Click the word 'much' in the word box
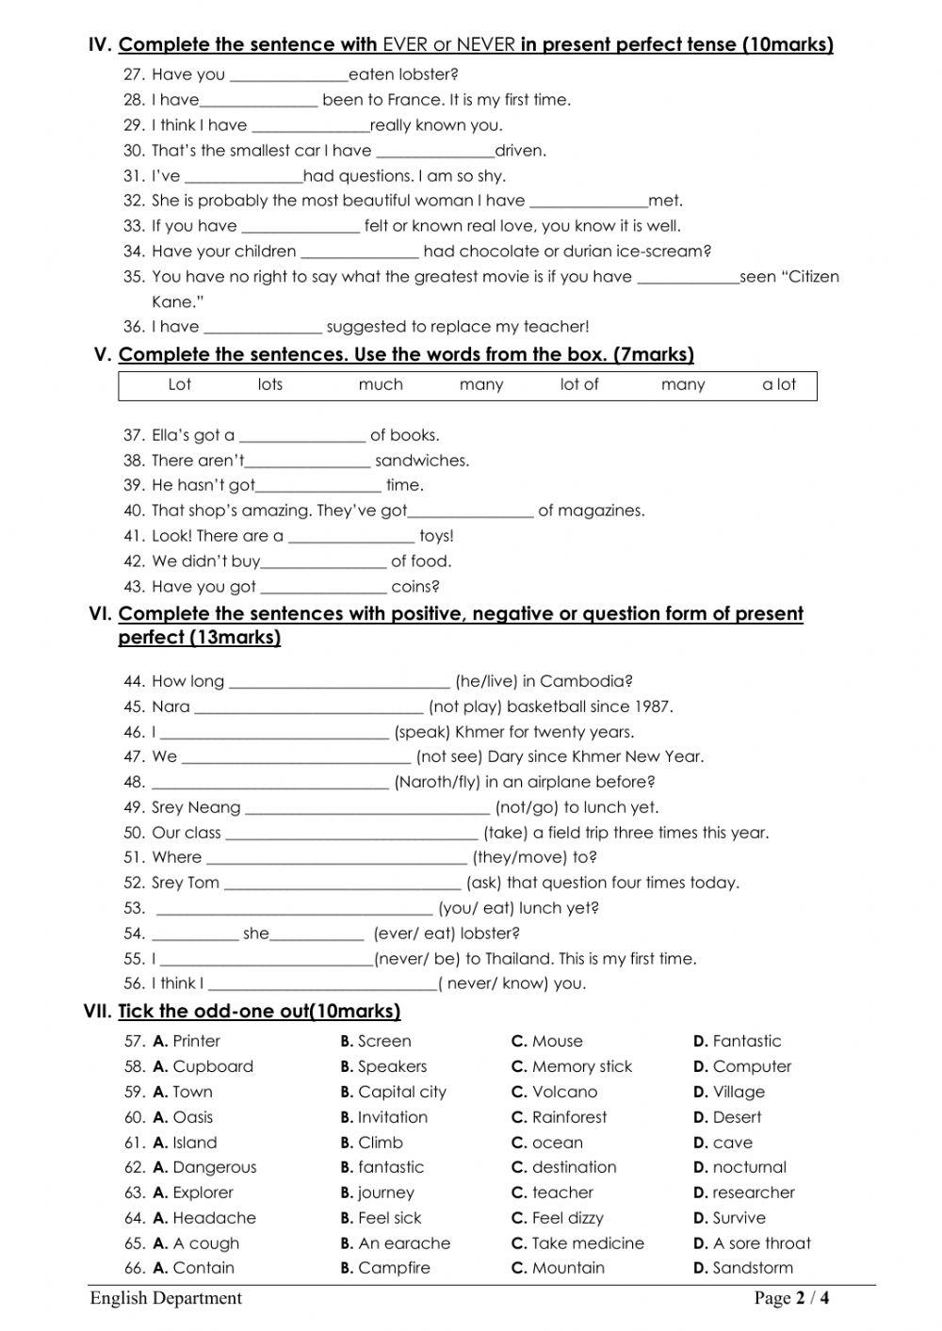coord(381,384)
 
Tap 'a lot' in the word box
coord(778,384)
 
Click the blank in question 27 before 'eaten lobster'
coord(288,75)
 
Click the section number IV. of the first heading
coord(100,44)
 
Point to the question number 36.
coord(134,327)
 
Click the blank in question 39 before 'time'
coord(318,486)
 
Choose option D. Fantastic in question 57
coord(738,1042)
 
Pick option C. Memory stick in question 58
coord(572,1067)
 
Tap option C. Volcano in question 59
coord(555,1093)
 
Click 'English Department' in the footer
coord(166,1299)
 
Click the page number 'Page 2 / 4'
coord(791,1299)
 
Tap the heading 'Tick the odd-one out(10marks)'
coord(259,1012)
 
